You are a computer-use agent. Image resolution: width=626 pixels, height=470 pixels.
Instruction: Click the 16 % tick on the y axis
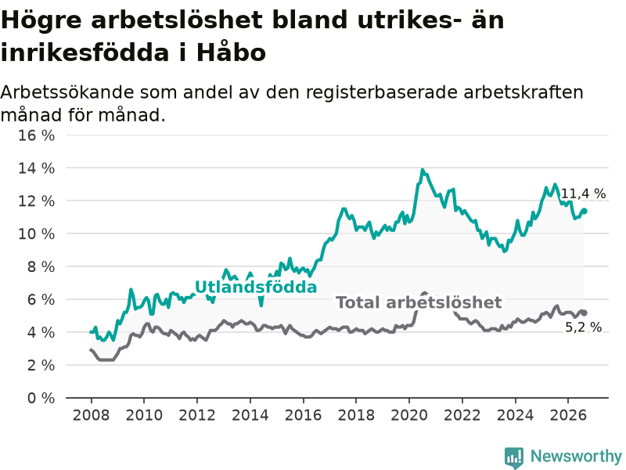click(x=36, y=136)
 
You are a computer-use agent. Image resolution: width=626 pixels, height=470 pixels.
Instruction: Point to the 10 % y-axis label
click(x=36, y=233)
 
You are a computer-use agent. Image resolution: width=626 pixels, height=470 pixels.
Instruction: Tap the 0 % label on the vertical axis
click(x=41, y=398)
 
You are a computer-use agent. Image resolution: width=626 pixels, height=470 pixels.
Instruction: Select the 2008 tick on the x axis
click(x=91, y=415)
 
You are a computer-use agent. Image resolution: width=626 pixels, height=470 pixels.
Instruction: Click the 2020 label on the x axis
click(x=409, y=415)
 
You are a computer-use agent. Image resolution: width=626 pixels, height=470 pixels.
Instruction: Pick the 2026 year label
click(x=568, y=415)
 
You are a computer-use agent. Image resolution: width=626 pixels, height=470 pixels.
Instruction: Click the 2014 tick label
click(x=250, y=415)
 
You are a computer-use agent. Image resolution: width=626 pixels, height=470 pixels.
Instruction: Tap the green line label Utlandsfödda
click(x=256, y=287)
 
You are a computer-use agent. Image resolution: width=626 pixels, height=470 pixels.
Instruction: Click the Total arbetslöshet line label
click(x=419, y=302)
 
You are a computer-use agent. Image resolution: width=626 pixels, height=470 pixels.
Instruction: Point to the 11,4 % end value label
click(x=583, y=193)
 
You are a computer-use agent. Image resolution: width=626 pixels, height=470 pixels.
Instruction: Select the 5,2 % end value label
click(x=583, y=327)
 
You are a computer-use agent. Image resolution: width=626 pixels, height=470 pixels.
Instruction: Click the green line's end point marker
click(x=585, y=211)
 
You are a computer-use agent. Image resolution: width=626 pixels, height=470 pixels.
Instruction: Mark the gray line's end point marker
click(x=585, y=313)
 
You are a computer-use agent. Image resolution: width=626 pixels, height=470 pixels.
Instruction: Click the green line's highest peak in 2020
click(x=423, y=170)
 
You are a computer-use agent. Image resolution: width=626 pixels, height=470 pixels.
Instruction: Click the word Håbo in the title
click(x=231, y=52)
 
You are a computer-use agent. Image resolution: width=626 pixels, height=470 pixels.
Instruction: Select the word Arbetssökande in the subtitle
click(x=67, y=92)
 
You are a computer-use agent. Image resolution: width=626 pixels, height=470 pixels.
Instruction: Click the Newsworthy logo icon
click(x=514, y=457)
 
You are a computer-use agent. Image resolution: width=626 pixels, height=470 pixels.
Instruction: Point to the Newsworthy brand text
click(x=576, y=456)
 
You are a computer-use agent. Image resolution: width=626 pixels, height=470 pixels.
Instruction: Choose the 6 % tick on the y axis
click(x=41, y=300)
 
